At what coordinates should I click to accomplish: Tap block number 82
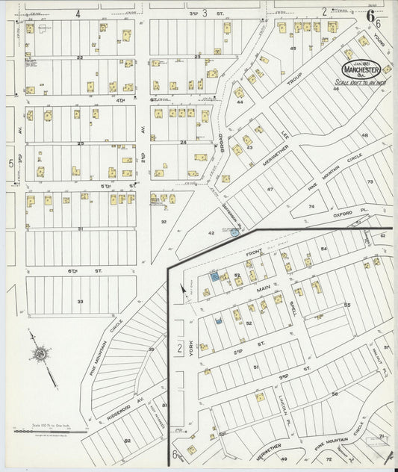(x=127, y=441)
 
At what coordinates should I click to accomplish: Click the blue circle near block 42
(x=235, y=233)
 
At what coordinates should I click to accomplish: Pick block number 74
(x=313, y=205)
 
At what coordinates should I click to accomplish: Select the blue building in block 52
(x=219, y=321)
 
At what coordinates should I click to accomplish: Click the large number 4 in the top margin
(x=78, y=13)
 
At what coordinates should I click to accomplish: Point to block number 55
(x=347, y=305)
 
